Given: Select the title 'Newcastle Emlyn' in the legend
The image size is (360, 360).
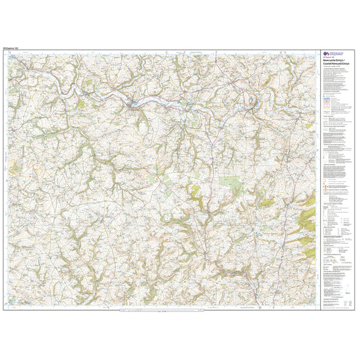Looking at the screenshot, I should coord(334,60).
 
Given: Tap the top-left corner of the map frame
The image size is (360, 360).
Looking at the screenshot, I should coord(3,51).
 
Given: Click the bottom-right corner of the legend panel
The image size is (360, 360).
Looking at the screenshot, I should coord(357,309).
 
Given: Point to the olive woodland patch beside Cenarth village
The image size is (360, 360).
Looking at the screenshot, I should coord(81,103).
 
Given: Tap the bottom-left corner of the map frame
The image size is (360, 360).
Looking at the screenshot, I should coord(3,309).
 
